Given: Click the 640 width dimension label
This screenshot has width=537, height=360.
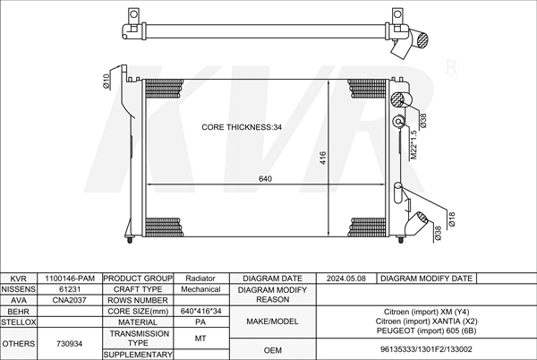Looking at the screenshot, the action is click(x=265, y=179).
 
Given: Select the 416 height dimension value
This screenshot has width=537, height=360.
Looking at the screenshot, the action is click(x=323, y=158).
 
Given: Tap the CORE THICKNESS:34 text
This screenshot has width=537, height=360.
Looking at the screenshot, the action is click(x=242, y=127).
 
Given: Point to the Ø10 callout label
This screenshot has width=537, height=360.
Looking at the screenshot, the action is click(x=107, y=81).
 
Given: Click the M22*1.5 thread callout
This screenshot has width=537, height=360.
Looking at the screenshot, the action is click(x=413, y=144).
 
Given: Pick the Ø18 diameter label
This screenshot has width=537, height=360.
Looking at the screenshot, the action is click(x=452, y=219).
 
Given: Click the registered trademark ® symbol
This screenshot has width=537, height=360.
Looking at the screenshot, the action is click(x=451, y=67).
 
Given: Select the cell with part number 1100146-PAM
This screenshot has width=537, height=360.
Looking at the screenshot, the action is click(x=70, y=279).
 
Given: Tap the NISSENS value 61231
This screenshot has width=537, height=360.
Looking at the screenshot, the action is click(x=70, y=289).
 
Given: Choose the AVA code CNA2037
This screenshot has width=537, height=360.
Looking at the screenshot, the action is click(x=70, y=300).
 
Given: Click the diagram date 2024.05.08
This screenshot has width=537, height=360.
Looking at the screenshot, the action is click(x=345, y=279).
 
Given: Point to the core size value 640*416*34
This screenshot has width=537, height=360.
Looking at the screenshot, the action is click(x=200, y=311).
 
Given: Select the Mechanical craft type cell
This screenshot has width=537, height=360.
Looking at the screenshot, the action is click(x=200, y=289).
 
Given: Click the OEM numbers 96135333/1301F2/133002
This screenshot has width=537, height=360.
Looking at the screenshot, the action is click(x=426, y=349).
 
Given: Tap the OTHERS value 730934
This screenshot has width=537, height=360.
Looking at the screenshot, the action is click(x=70, y=344).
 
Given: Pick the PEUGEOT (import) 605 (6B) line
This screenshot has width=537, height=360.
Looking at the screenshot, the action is click(x=426, y=330).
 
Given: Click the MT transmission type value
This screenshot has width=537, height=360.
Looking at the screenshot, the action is click(x=200, y=339).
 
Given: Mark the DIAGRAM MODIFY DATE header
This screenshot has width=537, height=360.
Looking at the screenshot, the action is click(x=426, y=279).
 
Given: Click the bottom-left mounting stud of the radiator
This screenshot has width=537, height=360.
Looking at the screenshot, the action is click(x=130, y=240).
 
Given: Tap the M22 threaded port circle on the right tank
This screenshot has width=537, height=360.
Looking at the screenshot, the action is click(x=398, y=121).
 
